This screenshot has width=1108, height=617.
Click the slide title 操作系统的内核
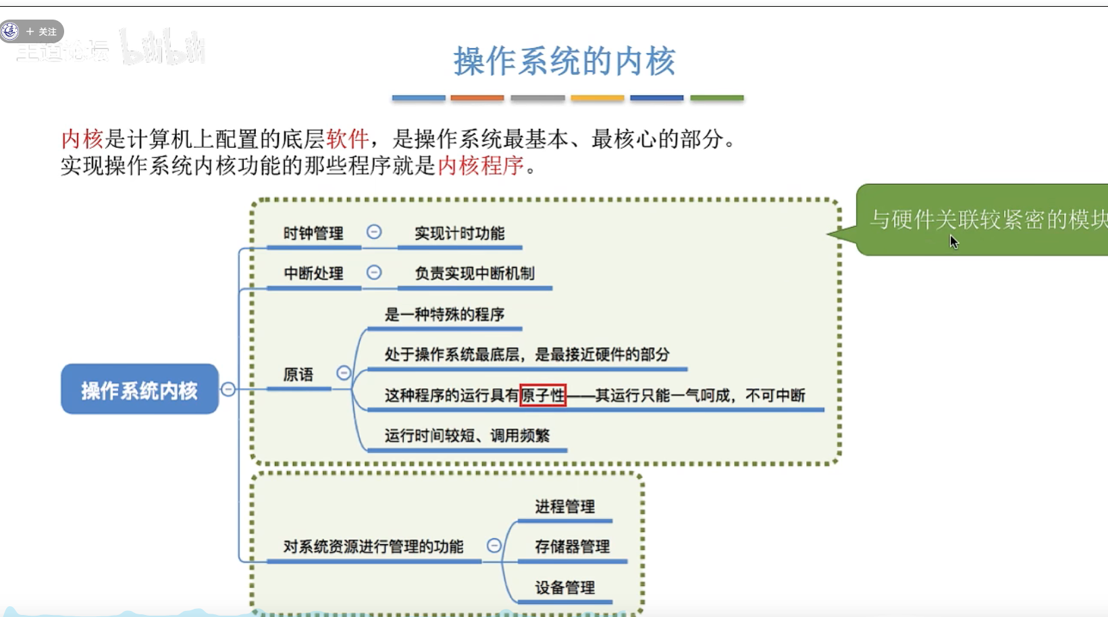click(x=564, y=61)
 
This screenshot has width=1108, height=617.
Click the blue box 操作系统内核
click(x=140, y=390)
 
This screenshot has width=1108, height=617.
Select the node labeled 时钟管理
click(x=313, y=234)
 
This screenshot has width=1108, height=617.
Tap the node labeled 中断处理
click(x=313, y=273)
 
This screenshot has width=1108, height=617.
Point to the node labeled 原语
click(x=298, y=375)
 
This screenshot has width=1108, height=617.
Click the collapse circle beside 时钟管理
click(x=374, y=232)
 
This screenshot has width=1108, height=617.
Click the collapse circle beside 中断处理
click(x=374, y=272)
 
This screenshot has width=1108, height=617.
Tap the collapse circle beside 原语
click(x=344, y=373)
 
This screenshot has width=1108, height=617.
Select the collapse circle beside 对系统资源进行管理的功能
click(x=494, y=545)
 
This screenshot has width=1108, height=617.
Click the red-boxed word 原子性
click(x=543, y=395)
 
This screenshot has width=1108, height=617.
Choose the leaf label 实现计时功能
click(x=459, y=234)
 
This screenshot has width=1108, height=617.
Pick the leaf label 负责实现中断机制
click(x=474, y=273)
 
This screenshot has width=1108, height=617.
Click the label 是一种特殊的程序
click(x=444, y=315)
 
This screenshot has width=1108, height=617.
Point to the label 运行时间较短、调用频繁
click(x=467, y=435)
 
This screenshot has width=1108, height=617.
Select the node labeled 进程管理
click(x=564, y=507)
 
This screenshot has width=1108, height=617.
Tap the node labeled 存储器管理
click(x=572, y=547)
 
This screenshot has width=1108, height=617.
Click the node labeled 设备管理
click(x=564, y=587)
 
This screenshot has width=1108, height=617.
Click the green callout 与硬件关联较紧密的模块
click(x=986, y=219)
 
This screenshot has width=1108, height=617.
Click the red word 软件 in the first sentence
click(x=347, y=139)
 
